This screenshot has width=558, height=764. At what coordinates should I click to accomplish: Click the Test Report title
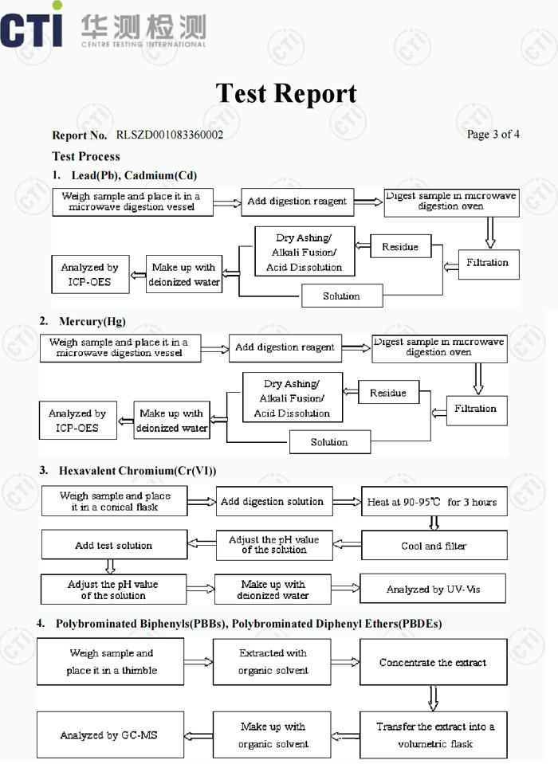click(x=286, y=93)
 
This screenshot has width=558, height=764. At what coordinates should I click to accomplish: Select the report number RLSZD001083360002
click(x=170, y=135)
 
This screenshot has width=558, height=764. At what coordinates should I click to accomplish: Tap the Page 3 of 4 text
click(x=493, y=134)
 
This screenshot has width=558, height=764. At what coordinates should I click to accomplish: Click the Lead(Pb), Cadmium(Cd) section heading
click(x=134, y=175)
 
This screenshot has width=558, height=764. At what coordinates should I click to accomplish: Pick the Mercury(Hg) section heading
click(x=92, y=322)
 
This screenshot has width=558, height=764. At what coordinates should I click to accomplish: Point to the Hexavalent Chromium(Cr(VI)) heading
click(x=137, y=471)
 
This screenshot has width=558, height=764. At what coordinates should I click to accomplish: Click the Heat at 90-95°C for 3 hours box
click(x=434, y=501)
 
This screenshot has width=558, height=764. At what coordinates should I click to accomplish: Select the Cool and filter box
click(x=434, y=545)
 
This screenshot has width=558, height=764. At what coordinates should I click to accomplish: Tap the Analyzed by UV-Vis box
click(x=433, y=589)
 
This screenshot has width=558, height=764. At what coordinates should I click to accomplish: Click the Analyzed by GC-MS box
click(x=110, y=735)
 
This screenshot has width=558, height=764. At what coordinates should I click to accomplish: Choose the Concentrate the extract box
click(x=433, y=662)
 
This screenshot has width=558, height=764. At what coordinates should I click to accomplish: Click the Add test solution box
click(x=115, y=545)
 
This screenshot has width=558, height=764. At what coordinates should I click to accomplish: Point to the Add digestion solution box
click(x=274, y=501)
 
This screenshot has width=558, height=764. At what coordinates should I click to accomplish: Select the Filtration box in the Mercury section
click(x=477, y=410)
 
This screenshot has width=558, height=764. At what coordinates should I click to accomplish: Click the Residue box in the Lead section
click(x=401, y=246)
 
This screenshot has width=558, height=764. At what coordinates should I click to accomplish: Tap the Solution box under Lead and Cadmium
click(x=342, y=296)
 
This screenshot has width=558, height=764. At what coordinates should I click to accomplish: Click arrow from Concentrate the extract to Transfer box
click(x=433, y=698)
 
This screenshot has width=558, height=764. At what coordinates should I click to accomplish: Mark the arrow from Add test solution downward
click(x=110, y=566)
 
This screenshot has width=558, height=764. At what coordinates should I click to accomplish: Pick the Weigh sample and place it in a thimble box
click(x=110, y=662)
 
